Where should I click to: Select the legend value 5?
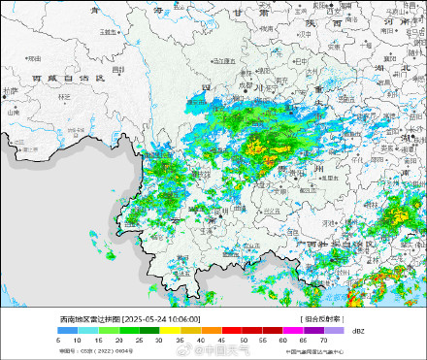pos(58,340)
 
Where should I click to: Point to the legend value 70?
pos(322,340)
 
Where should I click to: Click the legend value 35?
pos(181,340)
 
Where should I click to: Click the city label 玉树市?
pos(108,31)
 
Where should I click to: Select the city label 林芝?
pos(64,96)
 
